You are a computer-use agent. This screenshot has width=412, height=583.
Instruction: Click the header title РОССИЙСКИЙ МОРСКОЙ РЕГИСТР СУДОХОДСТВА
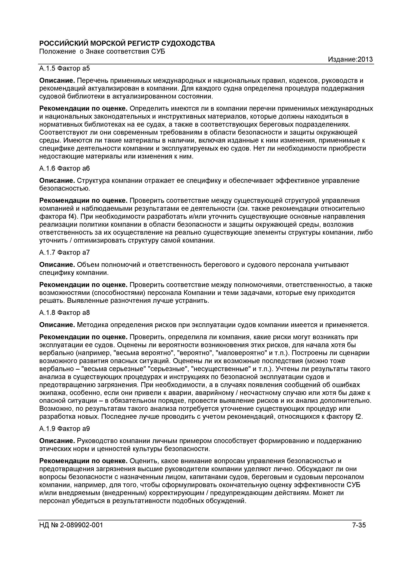(x=127, y=43)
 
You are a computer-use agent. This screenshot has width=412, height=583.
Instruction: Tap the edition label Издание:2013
(x=350, y=59)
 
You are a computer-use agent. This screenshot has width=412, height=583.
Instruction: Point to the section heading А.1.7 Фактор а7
(x=64, y=252)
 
